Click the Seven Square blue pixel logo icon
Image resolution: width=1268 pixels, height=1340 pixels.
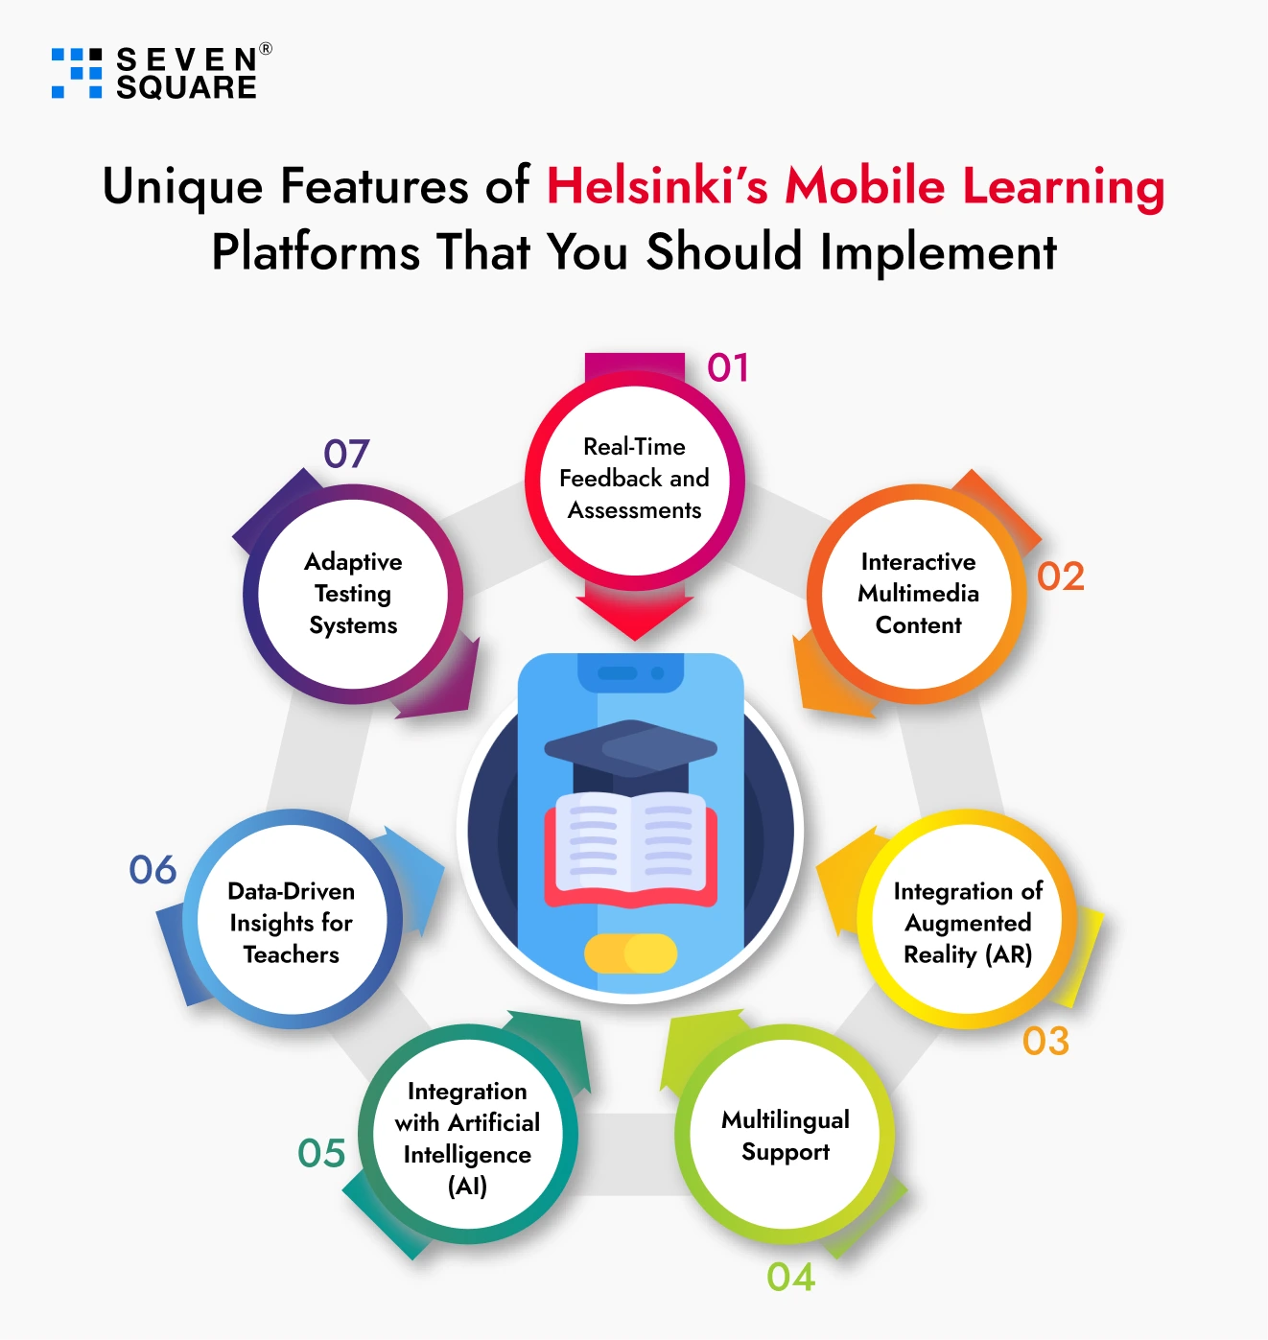click(77, 73)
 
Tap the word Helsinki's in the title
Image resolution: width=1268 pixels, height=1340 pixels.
click(657, 185)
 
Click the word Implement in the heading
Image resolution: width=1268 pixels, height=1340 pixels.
click(938, 253)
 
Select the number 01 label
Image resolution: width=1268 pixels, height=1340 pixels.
click(727, 368)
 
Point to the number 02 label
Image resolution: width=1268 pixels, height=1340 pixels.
click(1060, 576)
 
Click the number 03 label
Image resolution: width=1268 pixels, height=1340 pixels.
click(1045, 1041)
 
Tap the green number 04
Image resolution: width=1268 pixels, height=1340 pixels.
click(790, 1277)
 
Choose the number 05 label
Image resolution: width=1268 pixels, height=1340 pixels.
click(321, 1153)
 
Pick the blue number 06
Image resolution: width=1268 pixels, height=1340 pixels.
click(153, 870)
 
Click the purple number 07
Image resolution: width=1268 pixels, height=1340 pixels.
click(346, 454)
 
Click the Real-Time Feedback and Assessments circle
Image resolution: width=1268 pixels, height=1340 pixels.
click(634, 480)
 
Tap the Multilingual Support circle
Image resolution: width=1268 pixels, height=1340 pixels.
click(785, 1134)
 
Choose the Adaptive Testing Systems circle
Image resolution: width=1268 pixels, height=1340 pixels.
click(353, 594)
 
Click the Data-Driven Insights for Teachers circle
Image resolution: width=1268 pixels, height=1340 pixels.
click(292, 919)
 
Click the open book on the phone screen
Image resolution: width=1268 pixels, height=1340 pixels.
click(630, 849)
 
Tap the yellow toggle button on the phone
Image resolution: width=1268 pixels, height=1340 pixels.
click(630, 952)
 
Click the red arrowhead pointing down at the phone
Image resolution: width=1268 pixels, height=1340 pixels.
click(635, 618)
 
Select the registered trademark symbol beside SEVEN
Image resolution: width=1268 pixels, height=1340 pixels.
click(266, 48)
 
